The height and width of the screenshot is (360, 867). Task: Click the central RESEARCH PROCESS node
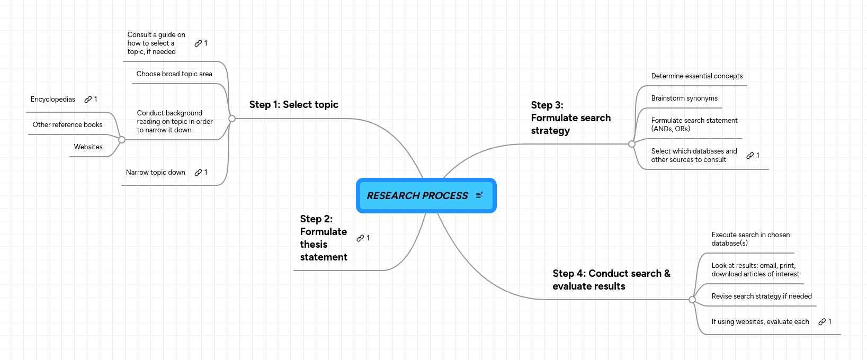(417, 196)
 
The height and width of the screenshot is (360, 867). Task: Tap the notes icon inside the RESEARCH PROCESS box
(479, 195)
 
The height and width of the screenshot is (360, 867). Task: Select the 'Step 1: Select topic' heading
(293, 105)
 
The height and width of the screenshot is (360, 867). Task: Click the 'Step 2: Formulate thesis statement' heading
(323, 238)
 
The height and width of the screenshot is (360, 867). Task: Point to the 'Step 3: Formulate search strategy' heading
(570, 118)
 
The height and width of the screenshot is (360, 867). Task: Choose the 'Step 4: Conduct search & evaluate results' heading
(611, 280)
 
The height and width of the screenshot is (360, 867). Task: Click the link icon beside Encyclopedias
(88, 100)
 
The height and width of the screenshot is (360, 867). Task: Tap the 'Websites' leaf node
(88, 147)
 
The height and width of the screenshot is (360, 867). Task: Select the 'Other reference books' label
(67, 125)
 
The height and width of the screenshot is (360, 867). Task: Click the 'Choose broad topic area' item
(174, 74)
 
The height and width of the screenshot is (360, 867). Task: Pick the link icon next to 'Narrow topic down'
(198, 173)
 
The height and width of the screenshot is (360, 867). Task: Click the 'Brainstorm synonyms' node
(684, 98)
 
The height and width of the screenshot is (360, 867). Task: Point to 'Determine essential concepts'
(696, 76)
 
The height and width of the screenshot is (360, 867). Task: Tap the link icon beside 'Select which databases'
(750, 156)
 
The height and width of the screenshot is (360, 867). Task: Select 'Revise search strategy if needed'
(761, 296)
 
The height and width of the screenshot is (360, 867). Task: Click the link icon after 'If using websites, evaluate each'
(822, 322)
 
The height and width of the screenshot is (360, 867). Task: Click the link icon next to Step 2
(360, 238)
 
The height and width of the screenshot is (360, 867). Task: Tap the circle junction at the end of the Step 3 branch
(631, 144)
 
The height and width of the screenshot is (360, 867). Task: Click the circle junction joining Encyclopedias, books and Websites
(122, 140)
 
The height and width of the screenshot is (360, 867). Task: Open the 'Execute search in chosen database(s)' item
(750, 239)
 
